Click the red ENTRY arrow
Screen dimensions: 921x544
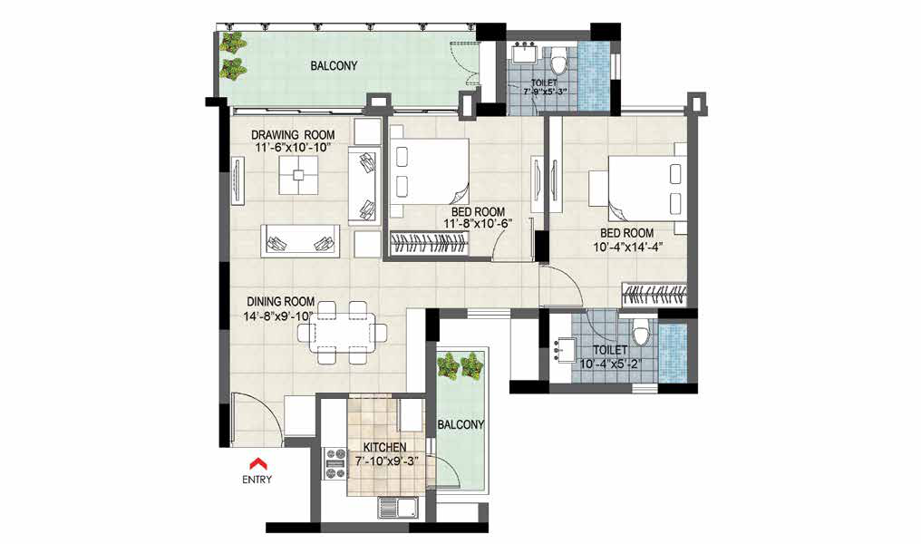257,463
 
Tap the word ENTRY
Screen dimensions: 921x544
257,480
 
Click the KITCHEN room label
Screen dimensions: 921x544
384,448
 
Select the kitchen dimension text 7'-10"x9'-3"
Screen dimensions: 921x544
386,461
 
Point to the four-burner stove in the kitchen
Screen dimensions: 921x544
336,463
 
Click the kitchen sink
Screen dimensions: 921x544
398,508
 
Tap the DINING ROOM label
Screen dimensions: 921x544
280,301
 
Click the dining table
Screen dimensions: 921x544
342,334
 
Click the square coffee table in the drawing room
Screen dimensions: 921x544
299,174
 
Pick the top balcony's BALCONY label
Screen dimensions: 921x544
334,66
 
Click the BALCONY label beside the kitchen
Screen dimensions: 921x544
460,424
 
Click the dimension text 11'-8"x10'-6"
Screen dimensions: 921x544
478,224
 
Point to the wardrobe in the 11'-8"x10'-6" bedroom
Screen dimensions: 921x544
430,243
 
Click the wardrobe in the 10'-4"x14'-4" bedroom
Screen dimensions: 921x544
654,295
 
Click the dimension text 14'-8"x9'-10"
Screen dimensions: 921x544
277,316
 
